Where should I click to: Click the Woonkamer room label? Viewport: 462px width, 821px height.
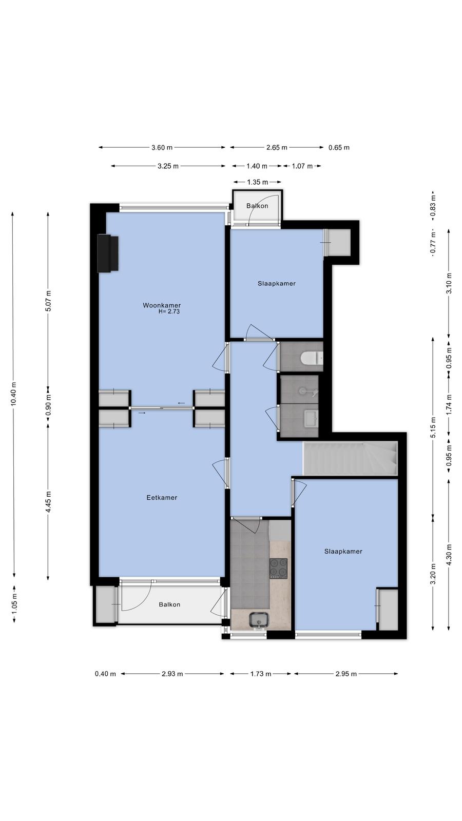click(x=162, y=305)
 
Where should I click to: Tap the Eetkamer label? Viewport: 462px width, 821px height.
click(x=162, y=498)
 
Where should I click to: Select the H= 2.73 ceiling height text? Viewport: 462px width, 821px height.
click(x=169, y=311)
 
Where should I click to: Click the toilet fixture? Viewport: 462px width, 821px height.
click(x=312, y=358)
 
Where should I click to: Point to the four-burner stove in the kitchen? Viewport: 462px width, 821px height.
click(x=279, y=569)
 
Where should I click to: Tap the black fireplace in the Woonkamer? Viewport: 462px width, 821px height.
click(x=107, y=253)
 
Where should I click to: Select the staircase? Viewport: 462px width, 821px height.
click(x=350, y=459)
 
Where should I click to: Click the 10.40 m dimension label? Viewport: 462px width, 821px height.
click(x=13, y=394)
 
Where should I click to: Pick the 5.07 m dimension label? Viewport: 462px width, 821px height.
click(x=48, y=301)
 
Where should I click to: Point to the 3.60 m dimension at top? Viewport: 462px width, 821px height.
click(x=162, y=148)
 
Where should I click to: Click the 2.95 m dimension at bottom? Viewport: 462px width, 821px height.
click(x=346, y=674)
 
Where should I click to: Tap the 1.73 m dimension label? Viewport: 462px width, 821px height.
click(x=261, y=674)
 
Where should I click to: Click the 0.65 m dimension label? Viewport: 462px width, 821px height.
click(x=339, y=148)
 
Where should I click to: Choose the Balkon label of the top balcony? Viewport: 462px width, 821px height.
click(x=257, y=206)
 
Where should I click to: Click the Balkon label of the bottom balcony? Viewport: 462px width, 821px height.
click(x=169, y=604)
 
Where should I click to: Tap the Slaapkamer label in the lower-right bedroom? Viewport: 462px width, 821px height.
click(x=343, y=551)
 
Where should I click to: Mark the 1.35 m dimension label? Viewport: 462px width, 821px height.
click(x=257, y=182)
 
